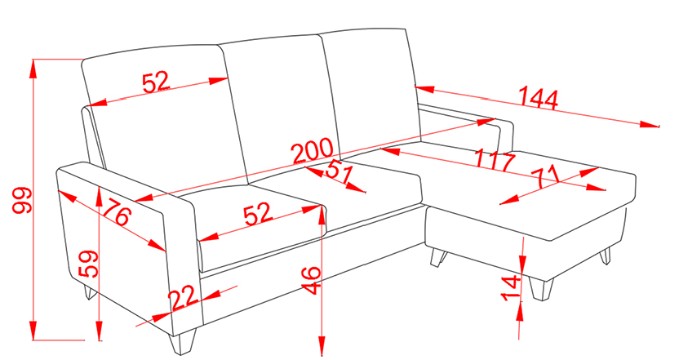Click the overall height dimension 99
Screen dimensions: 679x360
[x=22, y=200]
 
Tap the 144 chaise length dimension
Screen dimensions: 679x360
[x=539, y=98]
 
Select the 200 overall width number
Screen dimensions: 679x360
[x=313, y=150]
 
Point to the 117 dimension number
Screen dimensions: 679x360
[x=495, y=159]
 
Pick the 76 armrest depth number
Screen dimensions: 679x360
[x=117, y=211]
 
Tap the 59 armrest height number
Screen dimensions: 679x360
[x=89, y=264]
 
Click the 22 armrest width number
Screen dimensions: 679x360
[x=184, y=299]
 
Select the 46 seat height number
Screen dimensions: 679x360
[x=312, y=281]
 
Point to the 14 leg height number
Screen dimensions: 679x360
[x=511, y=287]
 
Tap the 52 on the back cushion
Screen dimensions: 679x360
[x=156, y=82]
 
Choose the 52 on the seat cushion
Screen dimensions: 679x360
[x=259, y=214]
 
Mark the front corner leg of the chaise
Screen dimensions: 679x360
[x=541, y=289]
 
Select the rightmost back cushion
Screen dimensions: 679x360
[x=371, y=91]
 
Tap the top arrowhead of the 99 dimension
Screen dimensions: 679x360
[x=33, y=68]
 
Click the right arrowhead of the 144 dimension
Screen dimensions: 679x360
[x=649, y=124]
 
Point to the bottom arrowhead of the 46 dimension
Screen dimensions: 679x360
[x=322, y=347]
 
